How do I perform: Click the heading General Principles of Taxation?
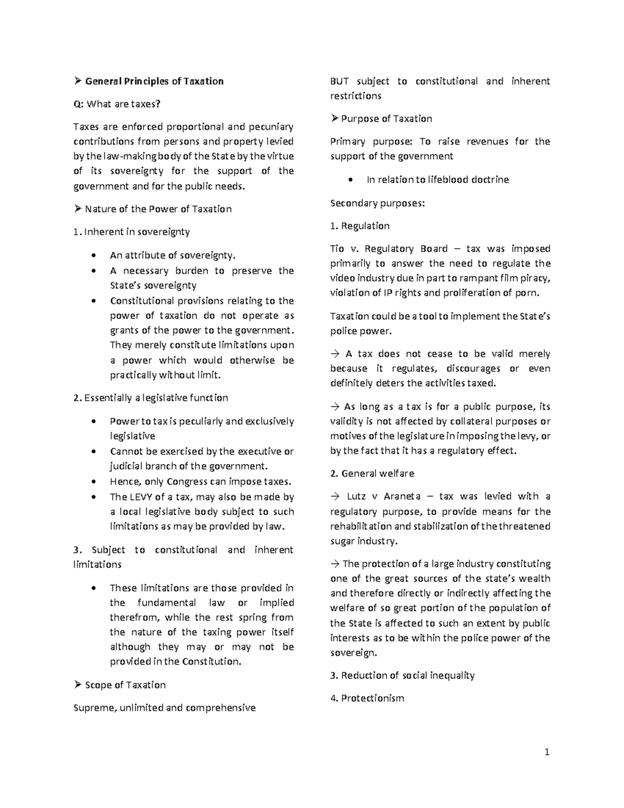click(x=154, y=81)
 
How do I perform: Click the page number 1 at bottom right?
click(x=547, y=752)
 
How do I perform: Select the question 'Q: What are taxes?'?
click(x=117, y=104)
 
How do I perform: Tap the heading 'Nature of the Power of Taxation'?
click(x=158, y=209)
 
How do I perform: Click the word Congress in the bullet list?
click(x=188, y=482)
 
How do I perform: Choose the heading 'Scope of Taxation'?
click(x=125, y=685)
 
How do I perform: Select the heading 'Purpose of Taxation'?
click(x=386, y=119)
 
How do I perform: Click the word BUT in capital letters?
click(x=340, y=81)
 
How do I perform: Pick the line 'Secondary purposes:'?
click(x=378, y=203)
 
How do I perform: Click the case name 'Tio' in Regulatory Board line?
click(x=337, y=249)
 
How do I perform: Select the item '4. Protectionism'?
click(x=367, y=698)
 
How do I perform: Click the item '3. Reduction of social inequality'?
click(x=402, y=675)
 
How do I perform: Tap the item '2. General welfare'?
click(x=372, y=473)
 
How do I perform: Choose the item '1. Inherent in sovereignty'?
click(x=132, y=232)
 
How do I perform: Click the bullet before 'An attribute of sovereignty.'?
click(x=93, y=255)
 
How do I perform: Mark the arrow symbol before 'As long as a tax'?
click(x=334, y=407)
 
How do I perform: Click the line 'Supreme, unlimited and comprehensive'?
click(x=165, y=708)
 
